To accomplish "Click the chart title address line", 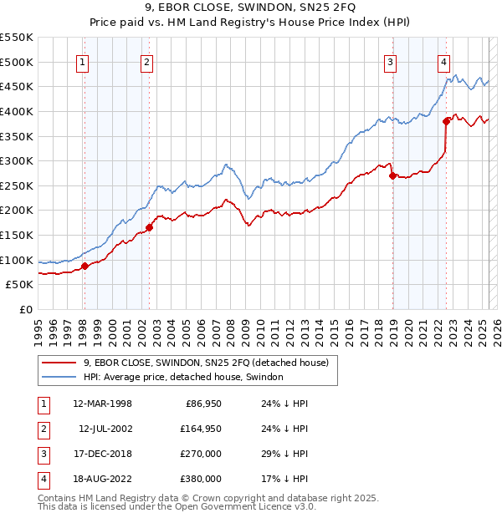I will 250,10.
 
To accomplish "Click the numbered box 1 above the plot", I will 84,61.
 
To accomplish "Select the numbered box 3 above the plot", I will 391,61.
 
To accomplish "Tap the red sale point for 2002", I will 149,227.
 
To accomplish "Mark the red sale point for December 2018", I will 392,175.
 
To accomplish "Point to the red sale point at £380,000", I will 447,121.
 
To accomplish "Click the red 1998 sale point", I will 85,267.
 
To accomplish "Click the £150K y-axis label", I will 18,235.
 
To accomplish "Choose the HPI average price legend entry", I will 183,377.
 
